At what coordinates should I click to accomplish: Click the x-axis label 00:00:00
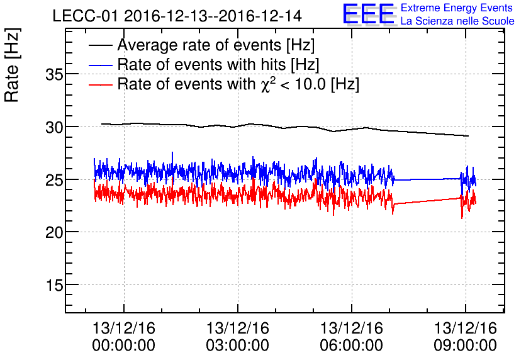124,346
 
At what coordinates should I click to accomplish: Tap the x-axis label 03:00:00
238,346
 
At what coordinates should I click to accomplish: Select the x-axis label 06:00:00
352,346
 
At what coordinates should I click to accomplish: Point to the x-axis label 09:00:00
466,346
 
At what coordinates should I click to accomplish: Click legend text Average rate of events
215,45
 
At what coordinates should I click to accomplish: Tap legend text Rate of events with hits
218,65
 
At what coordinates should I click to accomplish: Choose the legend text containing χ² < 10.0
238,84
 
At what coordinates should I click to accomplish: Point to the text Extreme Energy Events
457,8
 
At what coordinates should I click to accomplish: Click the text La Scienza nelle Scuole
457,21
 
